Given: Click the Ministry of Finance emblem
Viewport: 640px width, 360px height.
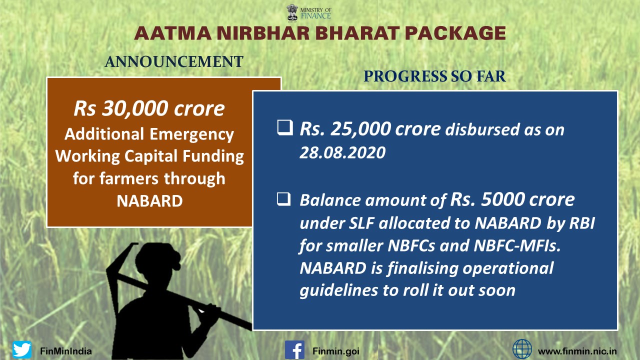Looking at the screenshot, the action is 292,12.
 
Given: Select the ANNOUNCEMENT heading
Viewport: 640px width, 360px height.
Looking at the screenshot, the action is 174,61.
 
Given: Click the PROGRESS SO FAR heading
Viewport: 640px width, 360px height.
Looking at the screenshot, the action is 434,76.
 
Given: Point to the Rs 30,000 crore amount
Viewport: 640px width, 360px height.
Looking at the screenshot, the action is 149,108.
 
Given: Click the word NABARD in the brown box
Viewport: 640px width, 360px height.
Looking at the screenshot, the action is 149,201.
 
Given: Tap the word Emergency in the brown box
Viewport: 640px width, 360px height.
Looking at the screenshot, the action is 191,135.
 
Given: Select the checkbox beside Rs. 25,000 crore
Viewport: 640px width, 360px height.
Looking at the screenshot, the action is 285,127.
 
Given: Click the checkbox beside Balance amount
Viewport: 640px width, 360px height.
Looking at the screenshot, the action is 283,199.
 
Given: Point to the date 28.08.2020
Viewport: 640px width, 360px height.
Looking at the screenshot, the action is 342,152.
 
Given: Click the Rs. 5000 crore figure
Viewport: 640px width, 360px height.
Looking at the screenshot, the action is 512,199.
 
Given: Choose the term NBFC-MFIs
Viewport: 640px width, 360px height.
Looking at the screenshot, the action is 517,245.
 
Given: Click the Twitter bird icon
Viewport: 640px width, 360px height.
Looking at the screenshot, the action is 22,349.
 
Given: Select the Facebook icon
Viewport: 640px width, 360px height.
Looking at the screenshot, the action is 294,349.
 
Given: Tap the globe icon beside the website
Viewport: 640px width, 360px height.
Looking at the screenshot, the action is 522,349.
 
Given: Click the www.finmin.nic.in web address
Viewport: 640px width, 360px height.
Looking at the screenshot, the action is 577,351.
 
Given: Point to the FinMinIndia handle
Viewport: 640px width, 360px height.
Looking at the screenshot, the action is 66,351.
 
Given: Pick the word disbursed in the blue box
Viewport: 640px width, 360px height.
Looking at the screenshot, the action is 483,130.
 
